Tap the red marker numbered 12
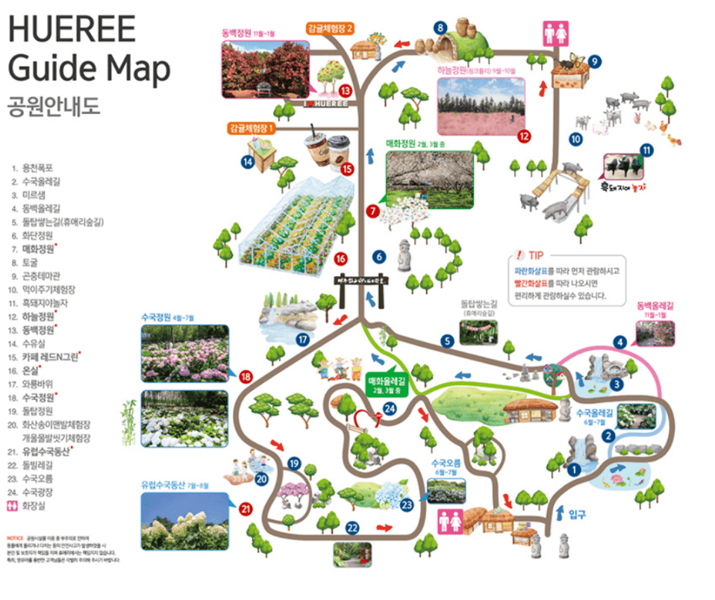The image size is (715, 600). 524,136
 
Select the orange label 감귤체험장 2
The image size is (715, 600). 329,28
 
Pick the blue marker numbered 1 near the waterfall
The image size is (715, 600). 574,470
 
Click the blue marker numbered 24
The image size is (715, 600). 390,408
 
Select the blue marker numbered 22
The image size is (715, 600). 352,528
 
